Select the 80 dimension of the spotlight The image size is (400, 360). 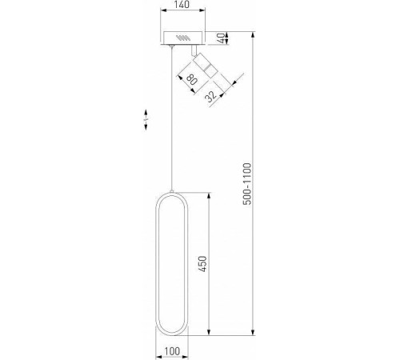(192, 80)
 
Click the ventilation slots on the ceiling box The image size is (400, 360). (186, 38)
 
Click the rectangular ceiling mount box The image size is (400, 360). (185, 38)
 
